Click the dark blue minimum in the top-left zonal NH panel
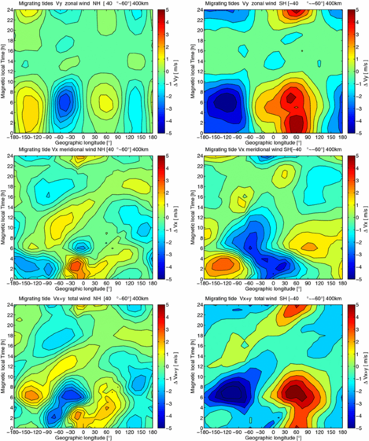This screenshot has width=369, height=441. tap(65, 101)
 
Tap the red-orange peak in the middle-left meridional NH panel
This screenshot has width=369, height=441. tap(75, 266)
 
